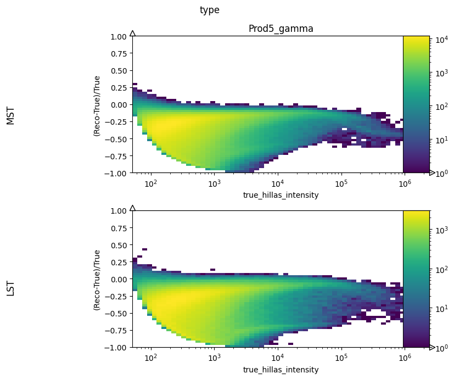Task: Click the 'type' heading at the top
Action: click(x=209, y=10)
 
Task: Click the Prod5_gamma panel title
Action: click(x=281, y=29)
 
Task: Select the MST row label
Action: click(x=10, y=116)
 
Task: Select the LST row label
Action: click(x=10, y=288)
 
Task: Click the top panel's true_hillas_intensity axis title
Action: click(x=281, y=195)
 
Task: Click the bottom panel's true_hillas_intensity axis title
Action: click(x=281, y=370)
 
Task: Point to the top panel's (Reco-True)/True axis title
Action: click(x=97, y=104)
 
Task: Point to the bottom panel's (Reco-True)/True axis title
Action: click(x=97, y=279)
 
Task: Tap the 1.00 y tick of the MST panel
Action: click(x=119, y=36)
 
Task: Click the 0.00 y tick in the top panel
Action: click(x=119, y=104)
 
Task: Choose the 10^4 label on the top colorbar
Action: click(x=441, y=40)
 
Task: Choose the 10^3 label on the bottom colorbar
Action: click(x=441, y=231)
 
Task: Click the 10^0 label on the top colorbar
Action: click(x=441, y=172)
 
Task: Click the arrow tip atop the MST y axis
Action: click(x=132, y=33)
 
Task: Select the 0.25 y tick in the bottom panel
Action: click(x=119, y=262)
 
